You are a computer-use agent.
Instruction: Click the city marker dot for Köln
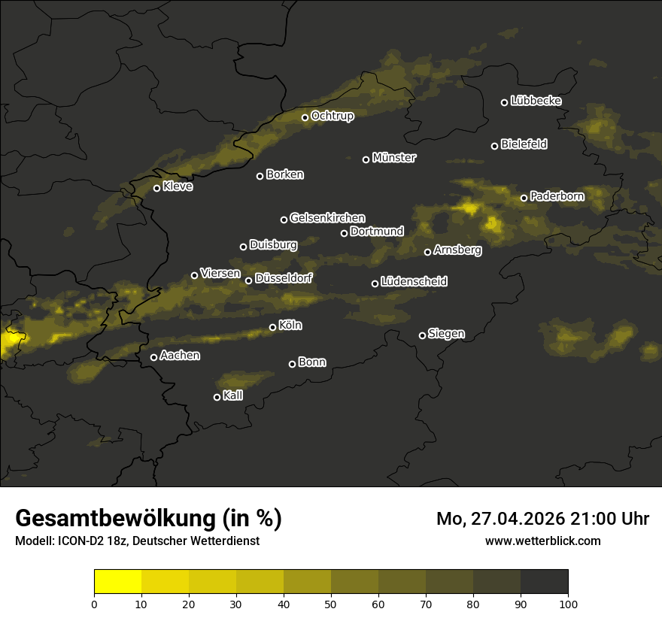tap(272, 327)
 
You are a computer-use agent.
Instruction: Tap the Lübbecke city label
tap(536, 101)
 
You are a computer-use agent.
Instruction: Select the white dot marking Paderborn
tap(524, 198)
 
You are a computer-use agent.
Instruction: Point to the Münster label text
tap(394, 158)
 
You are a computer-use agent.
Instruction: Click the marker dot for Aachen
tap(153, 357)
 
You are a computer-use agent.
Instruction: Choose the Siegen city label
tap(446, 334)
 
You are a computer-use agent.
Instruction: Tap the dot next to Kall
tap(217, 397)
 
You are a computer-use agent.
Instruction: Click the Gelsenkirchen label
tap(327, 218)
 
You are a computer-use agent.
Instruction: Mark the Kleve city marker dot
tap(156, 188)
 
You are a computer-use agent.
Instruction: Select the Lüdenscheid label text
tap(414, 282)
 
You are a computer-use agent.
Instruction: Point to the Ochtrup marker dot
tap(305, 117)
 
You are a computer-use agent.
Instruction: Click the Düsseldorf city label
tap(284, 278)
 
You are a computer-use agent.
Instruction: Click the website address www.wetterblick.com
tap(543, 541)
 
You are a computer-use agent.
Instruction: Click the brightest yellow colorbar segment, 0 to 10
tap(117, 582)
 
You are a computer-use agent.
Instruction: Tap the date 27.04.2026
tap(510, 519)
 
